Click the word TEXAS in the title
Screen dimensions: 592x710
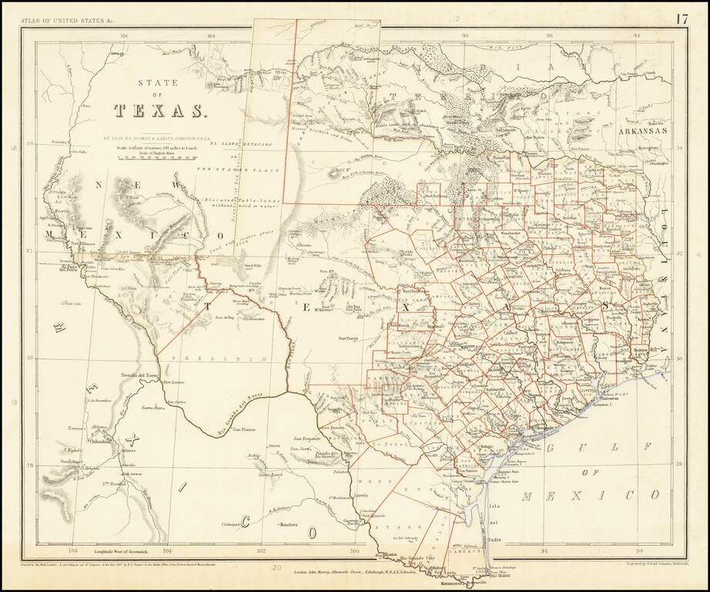[x=161, y=112]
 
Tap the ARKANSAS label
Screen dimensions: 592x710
[x=640, y=132]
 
